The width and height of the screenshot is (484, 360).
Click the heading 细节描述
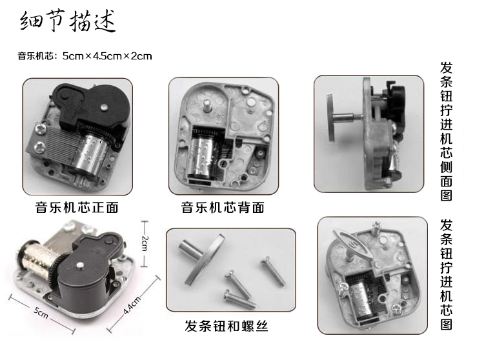(x=68, y=21)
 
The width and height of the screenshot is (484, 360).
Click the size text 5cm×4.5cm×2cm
(x=107, y=56)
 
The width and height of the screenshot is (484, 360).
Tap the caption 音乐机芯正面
(x=77, y=207)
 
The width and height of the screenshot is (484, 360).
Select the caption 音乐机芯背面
(x=223, y=207)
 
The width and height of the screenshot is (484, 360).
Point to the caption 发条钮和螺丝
(x=227, y=326)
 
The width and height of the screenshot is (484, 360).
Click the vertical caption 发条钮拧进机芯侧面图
(x=447, y=132)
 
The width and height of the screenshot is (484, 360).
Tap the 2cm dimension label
(x=145, y=244)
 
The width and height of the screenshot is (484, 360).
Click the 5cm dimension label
(x=41, y=312)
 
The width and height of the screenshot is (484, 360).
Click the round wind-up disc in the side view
(x=331, y=118)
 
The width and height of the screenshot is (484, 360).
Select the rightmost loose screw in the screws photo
(x=273, y=271)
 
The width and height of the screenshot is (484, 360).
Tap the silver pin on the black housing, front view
(x=104, y=106)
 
